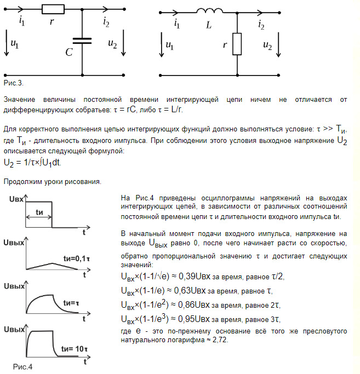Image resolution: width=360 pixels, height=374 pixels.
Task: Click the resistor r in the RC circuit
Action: [x=53, y=9]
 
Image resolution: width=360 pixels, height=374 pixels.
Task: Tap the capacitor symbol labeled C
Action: [x=82, y=41]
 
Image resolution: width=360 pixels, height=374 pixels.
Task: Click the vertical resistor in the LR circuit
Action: [x=237, y=44]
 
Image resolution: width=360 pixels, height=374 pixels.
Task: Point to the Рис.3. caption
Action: [x=13, y=82]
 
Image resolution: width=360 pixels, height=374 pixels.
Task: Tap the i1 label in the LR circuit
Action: [x=176, y=24]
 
